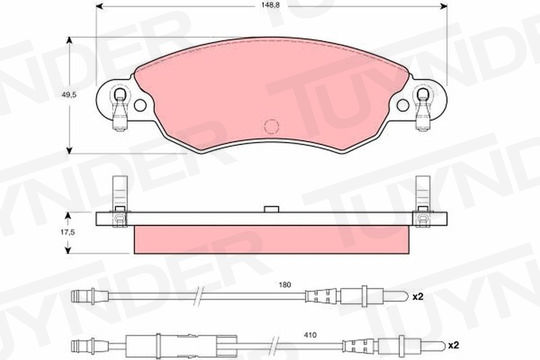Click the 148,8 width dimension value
tap(271, 6)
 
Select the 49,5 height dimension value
tap(69, 94)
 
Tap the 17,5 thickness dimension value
tap(68, 232)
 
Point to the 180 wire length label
tap(285, 285)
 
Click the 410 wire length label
tap(310, 335)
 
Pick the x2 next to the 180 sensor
tap(418, 296)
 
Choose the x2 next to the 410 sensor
tap(454, 346)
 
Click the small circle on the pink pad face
tap(271, 126)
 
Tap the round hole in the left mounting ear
tap(140, 105)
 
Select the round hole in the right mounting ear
tap(403, 105)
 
